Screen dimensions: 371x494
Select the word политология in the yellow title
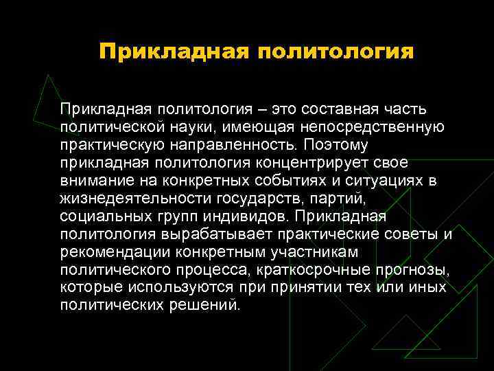(x=336, y=52)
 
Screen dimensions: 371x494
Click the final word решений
(x=204, y=306)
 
